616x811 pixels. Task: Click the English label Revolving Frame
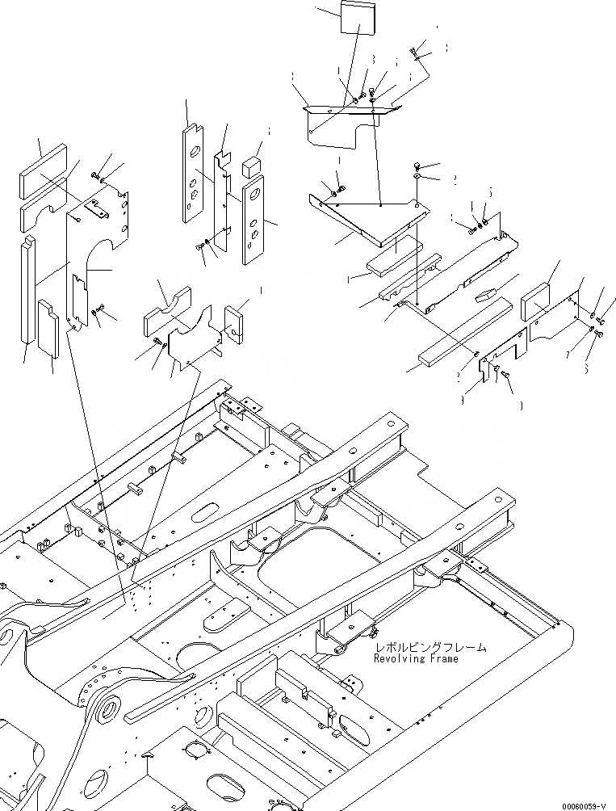tap(415, 658)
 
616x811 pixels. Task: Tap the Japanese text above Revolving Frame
tap(430, 647)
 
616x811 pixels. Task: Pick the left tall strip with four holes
tap(194, 174)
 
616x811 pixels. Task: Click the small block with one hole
tap(236, 320)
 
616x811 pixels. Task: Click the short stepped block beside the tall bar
tap(48, 329)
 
